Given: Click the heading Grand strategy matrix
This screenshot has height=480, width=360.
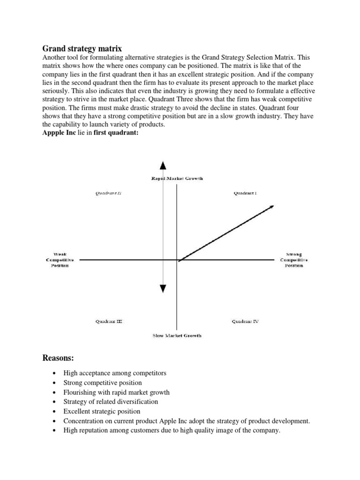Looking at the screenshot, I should [82, 48].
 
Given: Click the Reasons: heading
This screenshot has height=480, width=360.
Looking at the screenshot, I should [59, 359].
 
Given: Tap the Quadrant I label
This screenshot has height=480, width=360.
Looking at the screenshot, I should [245, 193].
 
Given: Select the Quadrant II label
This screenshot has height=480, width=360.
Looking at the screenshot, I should [109, 193].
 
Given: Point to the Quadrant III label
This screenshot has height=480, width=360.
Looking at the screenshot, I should [109, 322].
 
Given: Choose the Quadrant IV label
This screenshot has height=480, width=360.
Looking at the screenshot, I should [245, 322].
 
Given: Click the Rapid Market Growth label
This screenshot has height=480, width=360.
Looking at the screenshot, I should [177, 179].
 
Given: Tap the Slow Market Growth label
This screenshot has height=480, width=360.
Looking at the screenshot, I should [177, 336].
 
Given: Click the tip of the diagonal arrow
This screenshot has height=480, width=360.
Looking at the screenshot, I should [272, 206].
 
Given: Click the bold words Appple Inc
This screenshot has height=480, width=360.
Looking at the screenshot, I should [59, 133].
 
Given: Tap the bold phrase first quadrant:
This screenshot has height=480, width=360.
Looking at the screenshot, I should [112, 133].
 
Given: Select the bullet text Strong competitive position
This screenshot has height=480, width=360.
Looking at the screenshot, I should [102, 382].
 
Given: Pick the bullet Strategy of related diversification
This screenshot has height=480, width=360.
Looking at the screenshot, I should [111, 401].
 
